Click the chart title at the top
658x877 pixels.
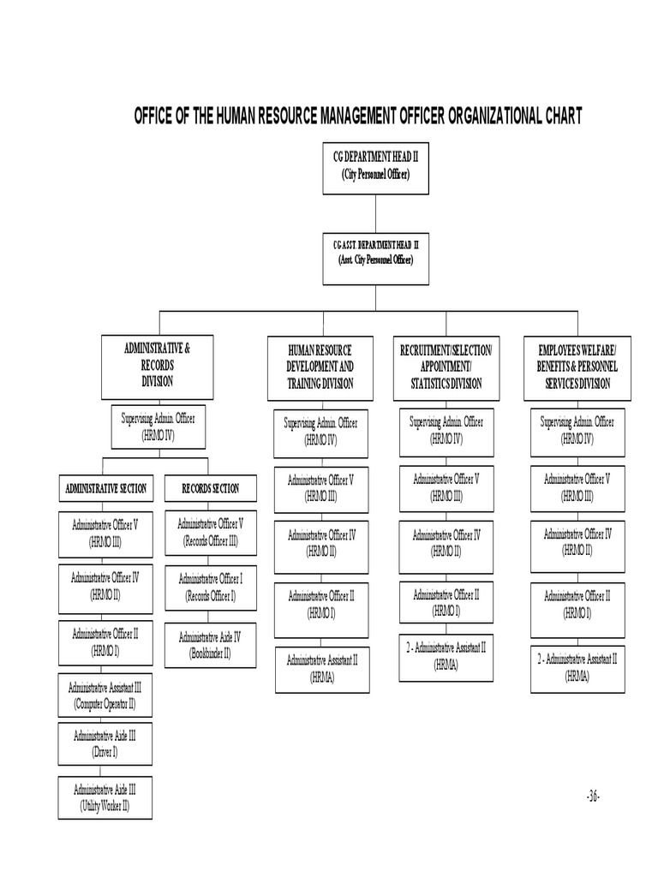[x=358, y=116]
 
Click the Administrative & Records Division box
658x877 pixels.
[x=158, y=367]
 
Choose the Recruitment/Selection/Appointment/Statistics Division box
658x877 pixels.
[x=446, y=368]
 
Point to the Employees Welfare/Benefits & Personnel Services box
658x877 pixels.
[x=577, y=368]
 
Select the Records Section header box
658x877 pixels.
[x=211, y=489]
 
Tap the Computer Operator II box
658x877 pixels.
[x=106, y=696]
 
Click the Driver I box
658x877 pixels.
[x=106, y=743]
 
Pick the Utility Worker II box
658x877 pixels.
[x=106, y=797]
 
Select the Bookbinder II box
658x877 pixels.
[x=211, y=645]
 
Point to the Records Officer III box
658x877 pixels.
[x=211, y=533]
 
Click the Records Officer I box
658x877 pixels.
[x=211, y=588]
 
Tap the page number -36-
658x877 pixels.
[x=593, y=796]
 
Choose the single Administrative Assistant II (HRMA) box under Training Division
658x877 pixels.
[x=322, y=669]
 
